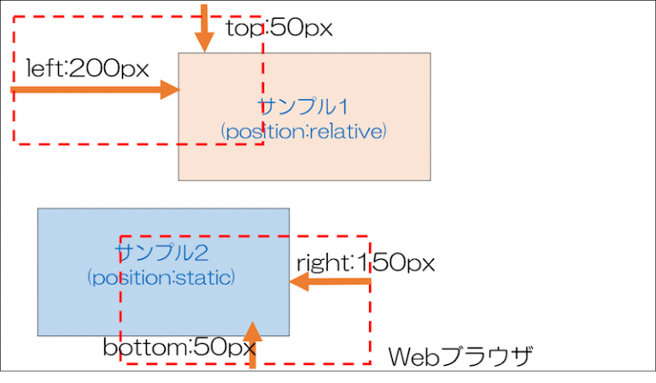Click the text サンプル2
[162, 252]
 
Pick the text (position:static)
[161, 278]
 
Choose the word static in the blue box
[206, 278]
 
